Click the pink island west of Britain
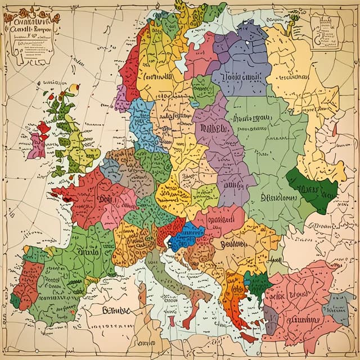click(38, 141)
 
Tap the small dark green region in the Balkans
click(256, 284)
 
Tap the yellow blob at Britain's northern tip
click(74, 88)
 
